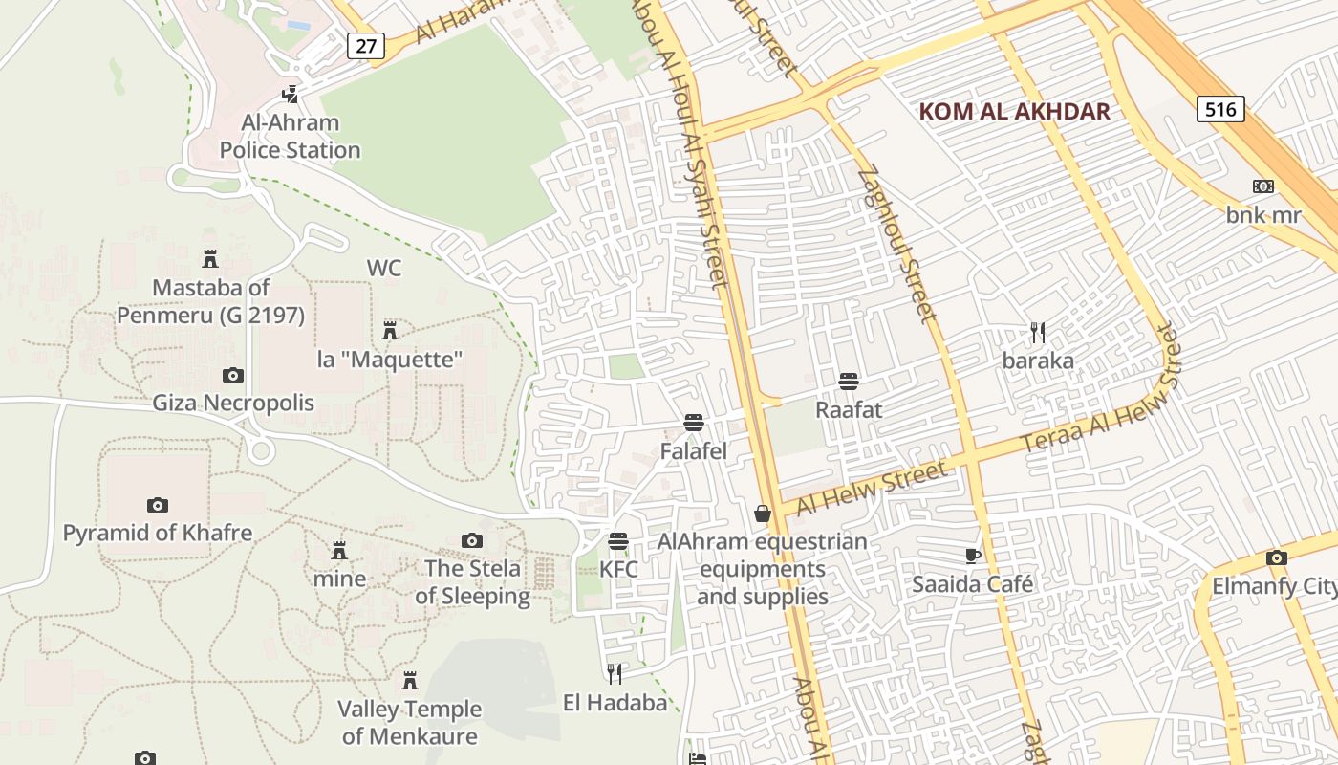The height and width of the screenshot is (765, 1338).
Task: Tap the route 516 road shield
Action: click(x=1220, y=109)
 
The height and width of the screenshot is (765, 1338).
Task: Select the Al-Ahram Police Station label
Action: click(x=290, y=136)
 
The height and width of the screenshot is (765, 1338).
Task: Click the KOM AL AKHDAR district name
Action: click(x=1014, y=111)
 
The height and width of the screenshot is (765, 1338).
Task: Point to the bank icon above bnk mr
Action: click(x=1263, y=186)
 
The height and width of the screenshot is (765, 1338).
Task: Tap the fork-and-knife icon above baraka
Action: click(x=1038, y=333)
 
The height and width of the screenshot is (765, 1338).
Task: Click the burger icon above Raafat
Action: click(x=848, y=382)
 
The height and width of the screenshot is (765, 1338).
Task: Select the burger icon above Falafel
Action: click(x=694, y=423)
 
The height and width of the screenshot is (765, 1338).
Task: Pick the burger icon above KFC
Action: click(x=618, y=541)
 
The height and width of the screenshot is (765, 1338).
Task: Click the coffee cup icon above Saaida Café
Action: click(x=973, y=556)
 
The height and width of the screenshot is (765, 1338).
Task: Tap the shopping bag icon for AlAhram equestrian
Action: click(x=762, y=514)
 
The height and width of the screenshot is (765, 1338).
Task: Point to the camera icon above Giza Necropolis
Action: click(x=232, y=375)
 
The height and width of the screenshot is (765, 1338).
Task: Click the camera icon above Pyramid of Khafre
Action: click(x=158, y=505)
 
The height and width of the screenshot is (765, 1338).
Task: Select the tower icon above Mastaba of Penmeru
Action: click(x=210, y=258)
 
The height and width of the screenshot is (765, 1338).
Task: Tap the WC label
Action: click(x=384, y=268)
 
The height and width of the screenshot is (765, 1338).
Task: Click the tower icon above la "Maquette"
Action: click(x=390, y=331)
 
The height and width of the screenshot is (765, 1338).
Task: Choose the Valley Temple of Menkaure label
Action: click(x=410, y=722)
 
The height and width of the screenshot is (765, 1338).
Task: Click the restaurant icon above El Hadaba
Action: click(x=615, y=674)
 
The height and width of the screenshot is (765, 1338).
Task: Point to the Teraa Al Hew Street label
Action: click(x=1100, y=394)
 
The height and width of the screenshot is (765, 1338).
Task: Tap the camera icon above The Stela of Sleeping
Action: click(x=472, y=541)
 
